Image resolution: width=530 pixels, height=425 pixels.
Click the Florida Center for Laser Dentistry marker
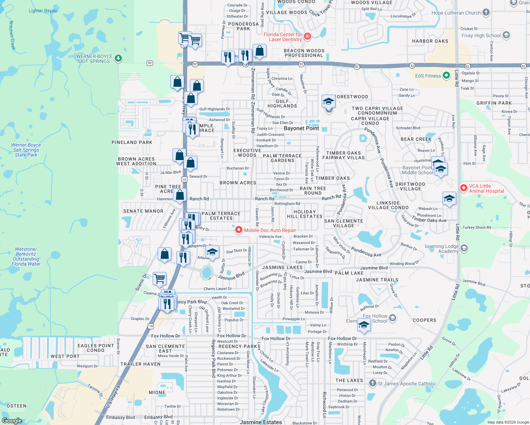pyautogui.click(x=307, y=36)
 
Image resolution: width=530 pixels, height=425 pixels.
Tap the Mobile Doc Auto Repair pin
pyautogui.click(x=239, y=230)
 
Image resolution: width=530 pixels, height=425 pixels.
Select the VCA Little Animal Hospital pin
pyautogui.click(x=464, y=188)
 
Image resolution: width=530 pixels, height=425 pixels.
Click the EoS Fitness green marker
pyautogui.click(x=447, y=76)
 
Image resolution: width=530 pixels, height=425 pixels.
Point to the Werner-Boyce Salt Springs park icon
pyautogui.click(x=118, y=58)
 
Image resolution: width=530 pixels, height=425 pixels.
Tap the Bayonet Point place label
pyautogui.click(x=301, y=128)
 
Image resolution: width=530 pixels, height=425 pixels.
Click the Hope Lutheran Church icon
pyautogui.click(x=486, y=12)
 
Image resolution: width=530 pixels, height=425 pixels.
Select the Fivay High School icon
pyautogui.click(x=506, y=35)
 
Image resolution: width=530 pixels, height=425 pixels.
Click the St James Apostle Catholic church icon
pyautogui.click(x=372, y=383)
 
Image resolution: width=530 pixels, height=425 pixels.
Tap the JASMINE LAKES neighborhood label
pyautogui.click(x=282, y=267)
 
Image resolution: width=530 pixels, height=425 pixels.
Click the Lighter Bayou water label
pyautogui.click(x=43, y=11)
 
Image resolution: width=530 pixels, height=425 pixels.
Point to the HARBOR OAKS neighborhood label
pyautogui.click(x=430, y=41)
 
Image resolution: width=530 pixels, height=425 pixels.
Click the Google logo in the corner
pyautogui.click(x=12, y=420)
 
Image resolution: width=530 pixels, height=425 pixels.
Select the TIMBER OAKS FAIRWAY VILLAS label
pyautogui.click(x=343, y=155)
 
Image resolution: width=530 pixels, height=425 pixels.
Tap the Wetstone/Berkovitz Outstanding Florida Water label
pyautogui.click(x=26, y=256)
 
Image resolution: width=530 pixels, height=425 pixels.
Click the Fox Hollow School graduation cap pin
pyautogui.click(x=364, y=325)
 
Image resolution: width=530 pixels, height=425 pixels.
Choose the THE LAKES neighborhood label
pyautogui.click(x=349, y=380)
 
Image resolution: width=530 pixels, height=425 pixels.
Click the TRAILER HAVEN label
pyautogui.click(x=140, y=364)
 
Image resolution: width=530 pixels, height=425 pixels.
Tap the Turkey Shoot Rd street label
pyautogui.click(x=477, y=227)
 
